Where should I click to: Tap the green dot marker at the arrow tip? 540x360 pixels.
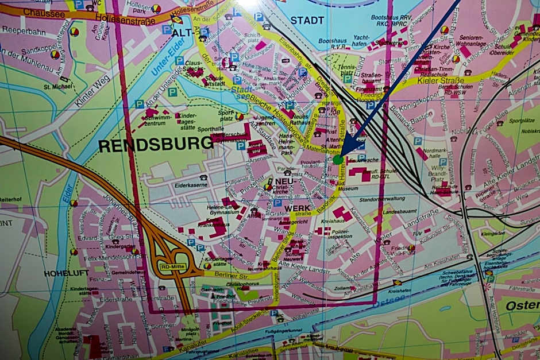click(338, 160)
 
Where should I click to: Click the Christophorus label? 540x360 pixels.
click(240, 284)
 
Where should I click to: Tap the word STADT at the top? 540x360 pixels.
click(307, 20)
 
